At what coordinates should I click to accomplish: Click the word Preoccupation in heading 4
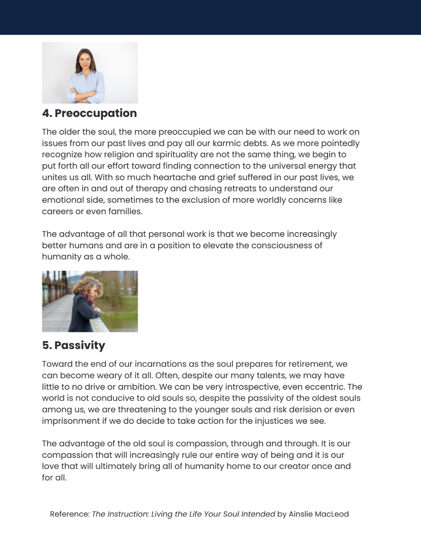point(95,113)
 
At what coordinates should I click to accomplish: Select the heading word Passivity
point(80,345)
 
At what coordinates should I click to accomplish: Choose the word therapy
point(155,188)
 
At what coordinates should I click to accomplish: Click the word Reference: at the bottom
point(70,514)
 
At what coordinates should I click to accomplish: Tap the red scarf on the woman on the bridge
point(89,299)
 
